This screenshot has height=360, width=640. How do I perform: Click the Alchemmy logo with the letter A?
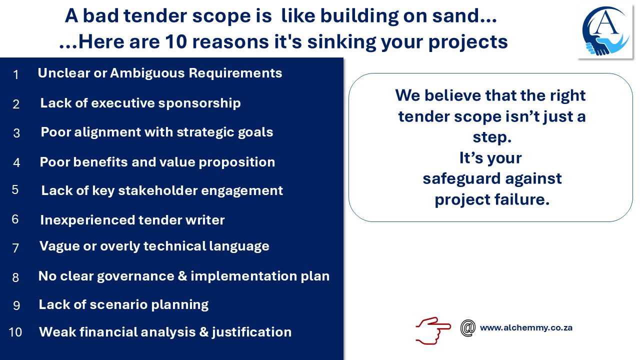pyautogui.click(x=605, y=31)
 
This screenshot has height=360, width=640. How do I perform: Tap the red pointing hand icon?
pyautogui.click(x=433, y=330)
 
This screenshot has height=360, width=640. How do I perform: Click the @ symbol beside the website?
pyautogui.click(x=467, y=328)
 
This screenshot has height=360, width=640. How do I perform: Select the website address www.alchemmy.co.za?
pyautogui.click(x=526, y=327)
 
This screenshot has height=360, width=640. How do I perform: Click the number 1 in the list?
pyautogui.click(x=16, y=75)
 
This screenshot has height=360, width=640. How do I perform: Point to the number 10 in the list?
pyautogui.click(x=15, y=332)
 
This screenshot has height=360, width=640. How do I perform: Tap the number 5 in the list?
pyautogui.click(x=15, y=189)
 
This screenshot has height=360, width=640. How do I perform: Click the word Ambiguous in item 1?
pyautogui.click(x=147, y=73)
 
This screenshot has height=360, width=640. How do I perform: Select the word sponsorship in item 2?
pyautogui.click(x=199, y=103)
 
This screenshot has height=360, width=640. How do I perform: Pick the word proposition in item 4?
pyautogui.click(x=237, y=162)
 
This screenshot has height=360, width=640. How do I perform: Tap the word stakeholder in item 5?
pyautogui.click(x=157, y=190)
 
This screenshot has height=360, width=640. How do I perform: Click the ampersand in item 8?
pyautogui.click(x=182, y=276)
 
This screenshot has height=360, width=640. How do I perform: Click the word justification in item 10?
pyautogui.click(x=251, y=332)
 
